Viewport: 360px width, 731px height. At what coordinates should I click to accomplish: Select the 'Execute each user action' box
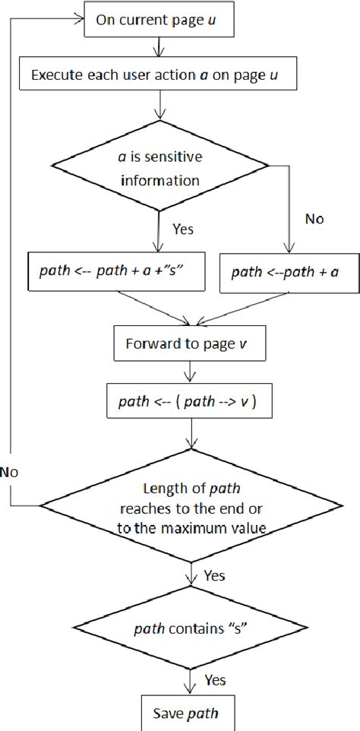click(x=156, y=74)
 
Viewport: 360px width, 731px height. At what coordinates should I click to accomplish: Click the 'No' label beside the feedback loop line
click(x=10, y=472)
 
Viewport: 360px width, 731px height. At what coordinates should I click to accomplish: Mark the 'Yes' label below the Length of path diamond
click(x=214, y=575)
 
